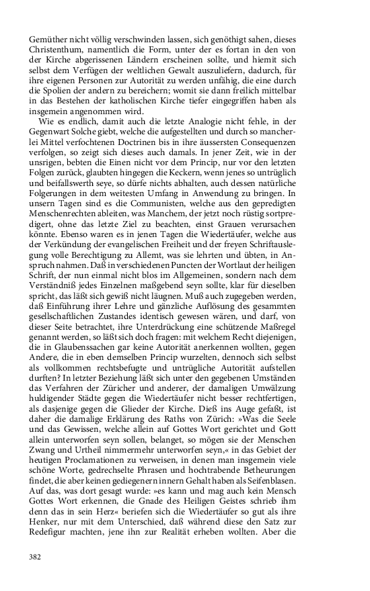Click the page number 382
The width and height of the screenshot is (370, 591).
36,557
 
